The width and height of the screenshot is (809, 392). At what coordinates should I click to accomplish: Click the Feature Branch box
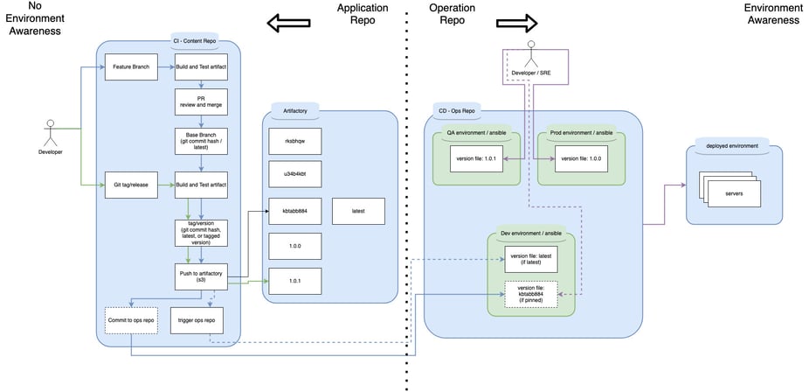pos(130,67)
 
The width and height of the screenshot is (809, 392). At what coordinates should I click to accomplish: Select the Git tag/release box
pos(130,185)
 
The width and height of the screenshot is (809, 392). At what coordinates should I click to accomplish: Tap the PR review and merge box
pos(201,102)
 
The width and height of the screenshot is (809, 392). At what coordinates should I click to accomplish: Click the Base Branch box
pos(201,141)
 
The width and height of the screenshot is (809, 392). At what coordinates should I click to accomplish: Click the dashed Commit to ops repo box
pos(130,320)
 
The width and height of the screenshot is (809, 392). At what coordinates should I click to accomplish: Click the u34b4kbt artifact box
pos(294,175)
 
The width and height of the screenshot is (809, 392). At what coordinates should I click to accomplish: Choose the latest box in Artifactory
pos(358,211)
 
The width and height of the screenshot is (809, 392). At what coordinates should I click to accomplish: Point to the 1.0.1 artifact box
pos(294,281)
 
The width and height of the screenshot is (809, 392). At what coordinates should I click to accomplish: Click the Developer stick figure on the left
pos(50,133)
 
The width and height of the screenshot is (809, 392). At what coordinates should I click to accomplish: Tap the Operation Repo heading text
pos(452,15)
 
